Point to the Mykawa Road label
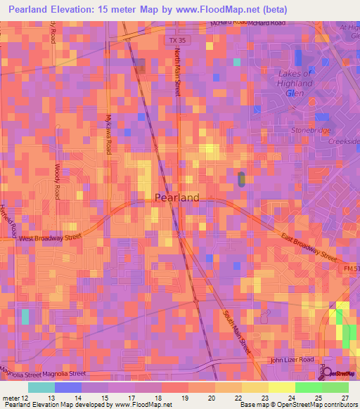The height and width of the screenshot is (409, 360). click(x=108, y=134)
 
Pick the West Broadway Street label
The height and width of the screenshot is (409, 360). click(x=50, y=238)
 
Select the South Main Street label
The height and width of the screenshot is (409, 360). click(x=238, y=331)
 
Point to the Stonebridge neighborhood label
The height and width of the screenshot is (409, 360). click(x=309, y=130)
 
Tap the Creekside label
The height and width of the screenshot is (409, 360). click(x=345, y=141)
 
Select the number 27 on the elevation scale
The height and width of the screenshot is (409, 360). click(x=345, y=398)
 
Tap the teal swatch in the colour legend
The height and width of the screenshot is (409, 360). click(x=41, y=387)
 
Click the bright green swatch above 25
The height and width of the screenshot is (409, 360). click(x=308, y=387)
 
